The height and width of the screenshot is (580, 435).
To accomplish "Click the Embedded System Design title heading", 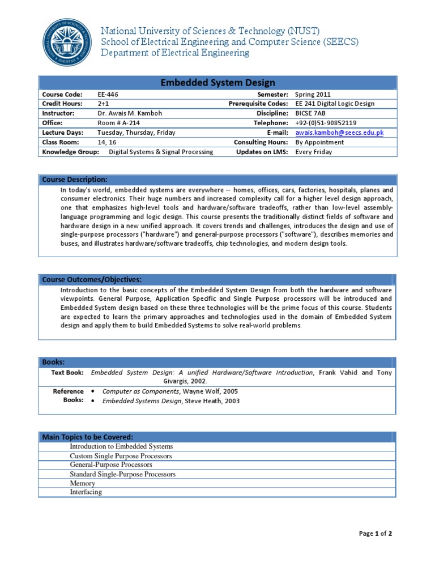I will tap(217, 83).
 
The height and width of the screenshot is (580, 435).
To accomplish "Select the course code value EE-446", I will tap(108, 95).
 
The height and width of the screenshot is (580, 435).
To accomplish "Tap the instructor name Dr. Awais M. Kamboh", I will tap(130, 113).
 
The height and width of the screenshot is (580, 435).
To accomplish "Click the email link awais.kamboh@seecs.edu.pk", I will tap(339, 133).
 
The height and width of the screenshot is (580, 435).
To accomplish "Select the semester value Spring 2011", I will tap(313, 95).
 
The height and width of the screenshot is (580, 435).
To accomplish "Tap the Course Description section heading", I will tap(75, 180).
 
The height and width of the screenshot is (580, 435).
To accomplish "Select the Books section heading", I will tap(53, 362).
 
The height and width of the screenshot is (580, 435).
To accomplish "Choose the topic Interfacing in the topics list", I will tap(86, 492).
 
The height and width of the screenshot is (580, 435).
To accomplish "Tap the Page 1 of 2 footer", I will tap(376, 534).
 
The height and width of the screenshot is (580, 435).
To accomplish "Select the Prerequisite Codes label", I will tap(258, 104).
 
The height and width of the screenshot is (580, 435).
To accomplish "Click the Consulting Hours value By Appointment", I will tap(319, 142).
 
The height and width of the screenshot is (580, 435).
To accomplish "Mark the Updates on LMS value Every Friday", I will tap(313, 152).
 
